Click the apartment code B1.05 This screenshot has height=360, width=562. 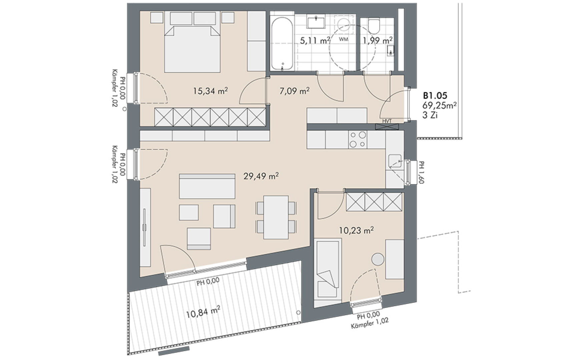point(435,96)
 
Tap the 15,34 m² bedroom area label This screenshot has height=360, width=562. point(210,91)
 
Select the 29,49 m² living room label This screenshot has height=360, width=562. point(261,176)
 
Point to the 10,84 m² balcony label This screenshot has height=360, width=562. point(203,311)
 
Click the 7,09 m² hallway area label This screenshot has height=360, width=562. point(294,91)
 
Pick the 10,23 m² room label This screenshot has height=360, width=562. point(356,230)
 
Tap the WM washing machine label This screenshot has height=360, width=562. point(344,39)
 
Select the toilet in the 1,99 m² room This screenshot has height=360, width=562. point(374,25)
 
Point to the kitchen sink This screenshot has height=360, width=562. point(395,161)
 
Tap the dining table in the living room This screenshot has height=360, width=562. point(276,217)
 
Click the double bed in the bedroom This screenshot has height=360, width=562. point(192,49)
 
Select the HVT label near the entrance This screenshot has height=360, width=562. point(387,121)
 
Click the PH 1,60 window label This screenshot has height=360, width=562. point(422,172)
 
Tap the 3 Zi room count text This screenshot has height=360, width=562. point(430,116)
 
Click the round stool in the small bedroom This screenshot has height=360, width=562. point(378,259)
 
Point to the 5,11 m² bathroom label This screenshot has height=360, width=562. point(315,40)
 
